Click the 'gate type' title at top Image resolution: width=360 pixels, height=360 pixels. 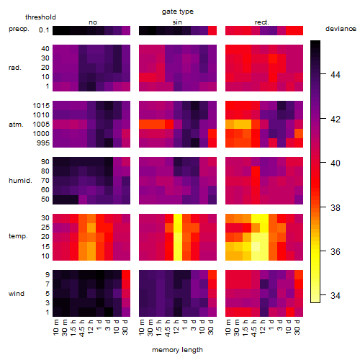(x=178, y=12)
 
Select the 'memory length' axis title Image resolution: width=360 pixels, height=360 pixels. (x=177, y=350)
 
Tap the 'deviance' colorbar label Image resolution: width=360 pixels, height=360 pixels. (x=341, y=29)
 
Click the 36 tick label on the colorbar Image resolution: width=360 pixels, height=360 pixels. (x=336, y=251)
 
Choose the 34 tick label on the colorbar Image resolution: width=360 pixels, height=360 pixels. (x=336, y=296)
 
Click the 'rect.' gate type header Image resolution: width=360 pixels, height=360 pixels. (x=262, y=22)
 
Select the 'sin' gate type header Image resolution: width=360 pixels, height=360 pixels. (x=177, y=22)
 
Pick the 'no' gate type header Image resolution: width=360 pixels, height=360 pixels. (x=93, y=22)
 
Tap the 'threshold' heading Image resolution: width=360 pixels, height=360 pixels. (x=40, y=17)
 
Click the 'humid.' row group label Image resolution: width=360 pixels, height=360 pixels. (x=20, y=181)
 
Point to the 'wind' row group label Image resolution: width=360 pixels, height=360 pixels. (x=17, y=294)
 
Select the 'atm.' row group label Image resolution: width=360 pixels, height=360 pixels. (x=16, y=125)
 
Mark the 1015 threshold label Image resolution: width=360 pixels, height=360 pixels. (x=41, y=106)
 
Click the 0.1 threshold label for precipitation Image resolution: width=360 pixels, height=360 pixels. (x=44, y=30)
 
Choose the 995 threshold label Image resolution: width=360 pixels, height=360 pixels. (x=43, y=143)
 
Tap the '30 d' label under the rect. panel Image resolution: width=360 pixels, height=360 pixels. (x=297, y=327)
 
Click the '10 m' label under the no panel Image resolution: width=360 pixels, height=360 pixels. (x=55, y=327)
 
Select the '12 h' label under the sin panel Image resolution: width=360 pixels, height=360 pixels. (x=176, y=327)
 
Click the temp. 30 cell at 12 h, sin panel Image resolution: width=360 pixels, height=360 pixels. (x=178, y=218)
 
